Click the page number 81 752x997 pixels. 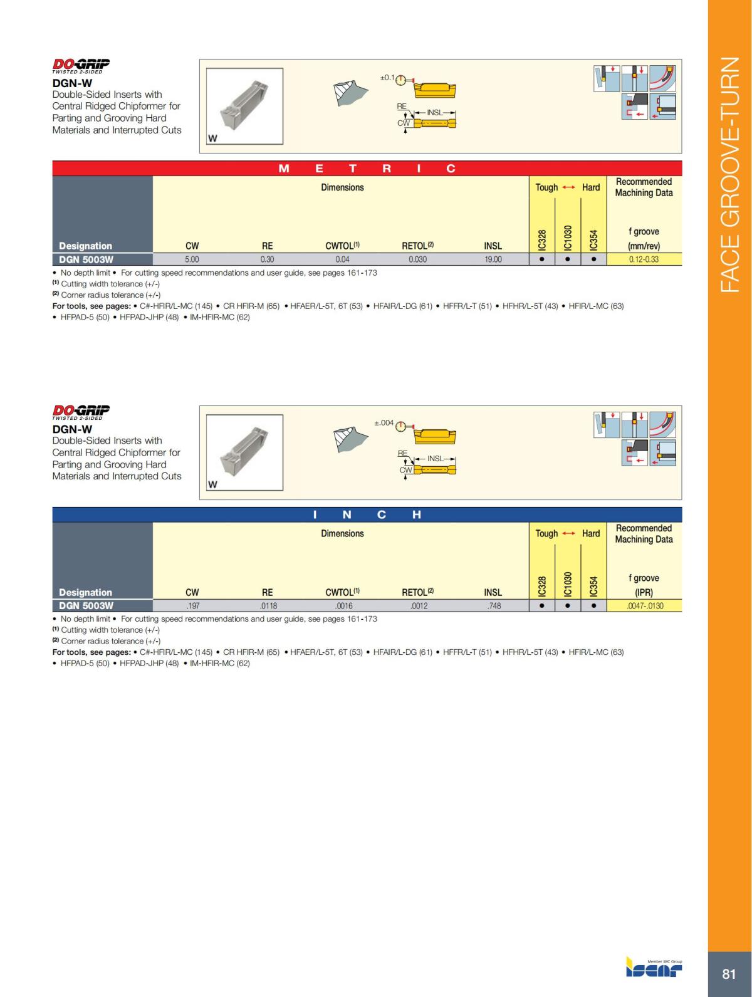tap(729, 974)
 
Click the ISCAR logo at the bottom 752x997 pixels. tap(654, 968)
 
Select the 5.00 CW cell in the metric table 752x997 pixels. tap(192, 259)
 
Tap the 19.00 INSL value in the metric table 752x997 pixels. tap(493, 259)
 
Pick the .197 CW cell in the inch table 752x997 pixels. tap(192, 606)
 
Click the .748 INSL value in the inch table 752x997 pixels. tap(494, 606)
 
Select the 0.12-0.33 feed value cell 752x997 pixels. tap(644, 259)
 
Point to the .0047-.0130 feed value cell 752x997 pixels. tap(644, 606)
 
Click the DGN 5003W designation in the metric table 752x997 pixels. tap(86, 259)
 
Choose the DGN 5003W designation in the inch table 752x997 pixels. tap(86, 605)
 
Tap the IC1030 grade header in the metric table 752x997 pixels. tap(568, 238)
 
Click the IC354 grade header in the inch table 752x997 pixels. tap(593, 586)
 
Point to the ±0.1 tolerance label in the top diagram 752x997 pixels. tap(387, 78)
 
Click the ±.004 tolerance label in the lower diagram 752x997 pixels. tap(384, 423)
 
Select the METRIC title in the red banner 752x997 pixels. tap(367, 169)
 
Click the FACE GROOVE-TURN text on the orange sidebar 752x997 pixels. tap(730, 175)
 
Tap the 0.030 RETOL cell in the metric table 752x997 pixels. tap(418, 259)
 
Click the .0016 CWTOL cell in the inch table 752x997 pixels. tap(344, 606)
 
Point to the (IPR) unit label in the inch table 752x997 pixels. tap(644, 592)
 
